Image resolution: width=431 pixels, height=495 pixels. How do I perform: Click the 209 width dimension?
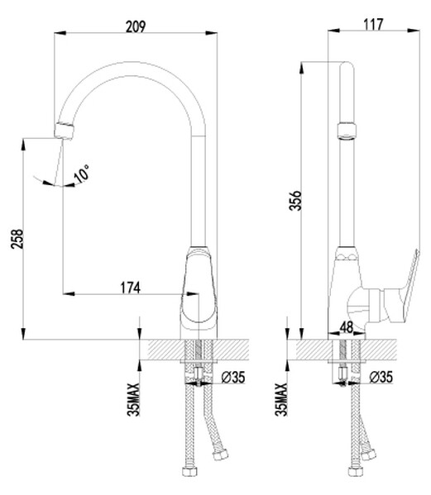coord(137,26)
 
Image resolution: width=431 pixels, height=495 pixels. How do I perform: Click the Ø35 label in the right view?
coord(381,378)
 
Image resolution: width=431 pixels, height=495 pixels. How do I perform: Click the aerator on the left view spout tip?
coord(64,129)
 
